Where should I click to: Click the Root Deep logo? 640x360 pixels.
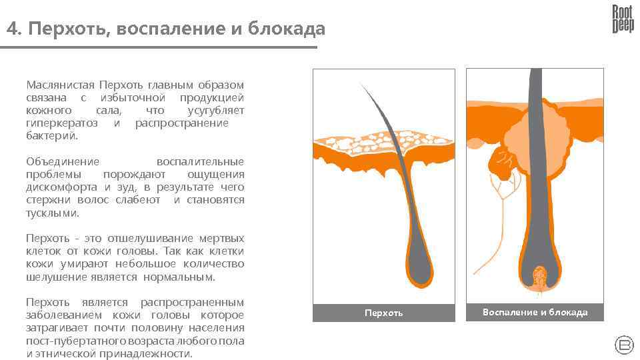623,19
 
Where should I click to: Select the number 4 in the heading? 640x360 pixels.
12,29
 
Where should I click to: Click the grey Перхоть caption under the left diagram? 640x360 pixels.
383,313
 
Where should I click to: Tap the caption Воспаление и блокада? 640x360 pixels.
535,312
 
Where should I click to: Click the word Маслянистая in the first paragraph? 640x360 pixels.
59,85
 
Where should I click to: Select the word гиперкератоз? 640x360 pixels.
61,123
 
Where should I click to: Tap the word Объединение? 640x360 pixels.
62,161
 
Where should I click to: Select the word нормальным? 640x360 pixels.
185,277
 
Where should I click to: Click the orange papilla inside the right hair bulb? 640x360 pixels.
539,274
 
